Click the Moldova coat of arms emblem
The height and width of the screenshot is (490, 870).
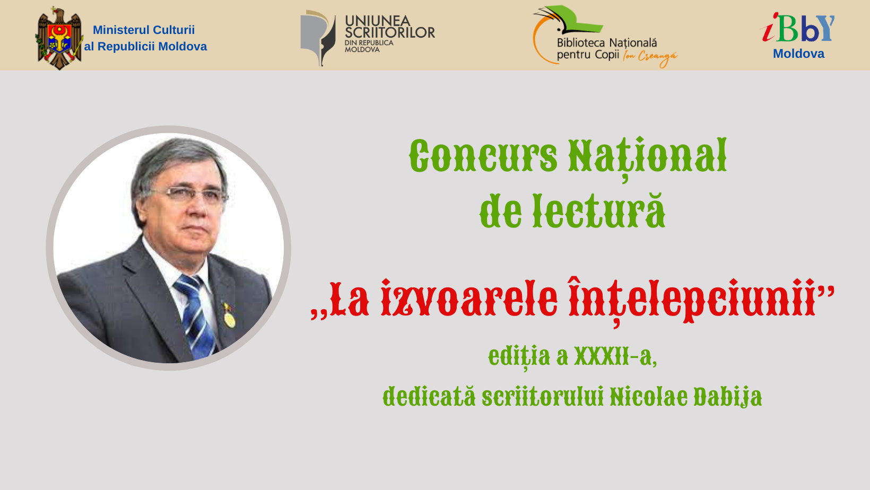(59, 38)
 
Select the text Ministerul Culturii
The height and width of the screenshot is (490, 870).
(144, 30)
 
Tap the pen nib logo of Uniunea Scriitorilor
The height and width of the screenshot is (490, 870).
(317, 38)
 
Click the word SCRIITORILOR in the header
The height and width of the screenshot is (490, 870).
(390, 33)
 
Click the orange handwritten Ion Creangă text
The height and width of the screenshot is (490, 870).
(650, 57)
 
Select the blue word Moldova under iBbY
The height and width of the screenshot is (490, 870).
(798, 54)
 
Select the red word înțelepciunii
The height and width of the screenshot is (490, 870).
(692, 301)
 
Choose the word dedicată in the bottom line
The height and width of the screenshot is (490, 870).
(429, 397)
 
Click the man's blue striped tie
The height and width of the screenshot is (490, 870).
(195, 315)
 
